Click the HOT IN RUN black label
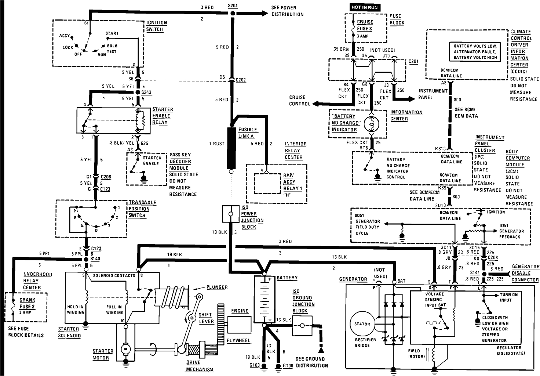[364, 7]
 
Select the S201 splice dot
[233, 14]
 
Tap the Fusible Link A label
[248, 133]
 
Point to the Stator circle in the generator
[362, 324]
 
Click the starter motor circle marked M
[125, 348]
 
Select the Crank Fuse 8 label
[27, 303]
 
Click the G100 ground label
[288, 366]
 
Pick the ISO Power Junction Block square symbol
[230, 214]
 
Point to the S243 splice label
[147, 92]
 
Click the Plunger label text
[217, 287]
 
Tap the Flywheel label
[238, 340]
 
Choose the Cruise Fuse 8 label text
[365, 25]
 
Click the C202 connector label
[241, 80]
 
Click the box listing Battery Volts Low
[475, 52]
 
